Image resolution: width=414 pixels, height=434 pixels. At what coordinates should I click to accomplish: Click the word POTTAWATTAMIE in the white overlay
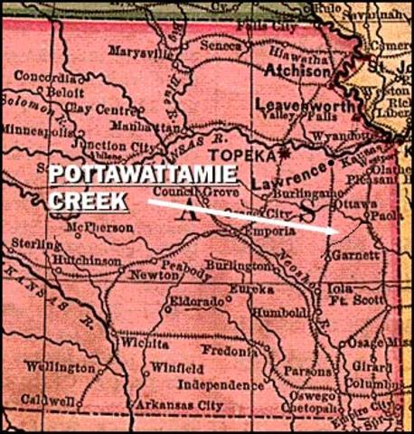coord(144,176)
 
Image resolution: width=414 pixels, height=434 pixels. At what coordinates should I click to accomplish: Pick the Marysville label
coord(140,52)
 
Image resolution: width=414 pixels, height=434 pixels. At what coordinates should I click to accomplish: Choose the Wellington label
coord(60,368)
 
